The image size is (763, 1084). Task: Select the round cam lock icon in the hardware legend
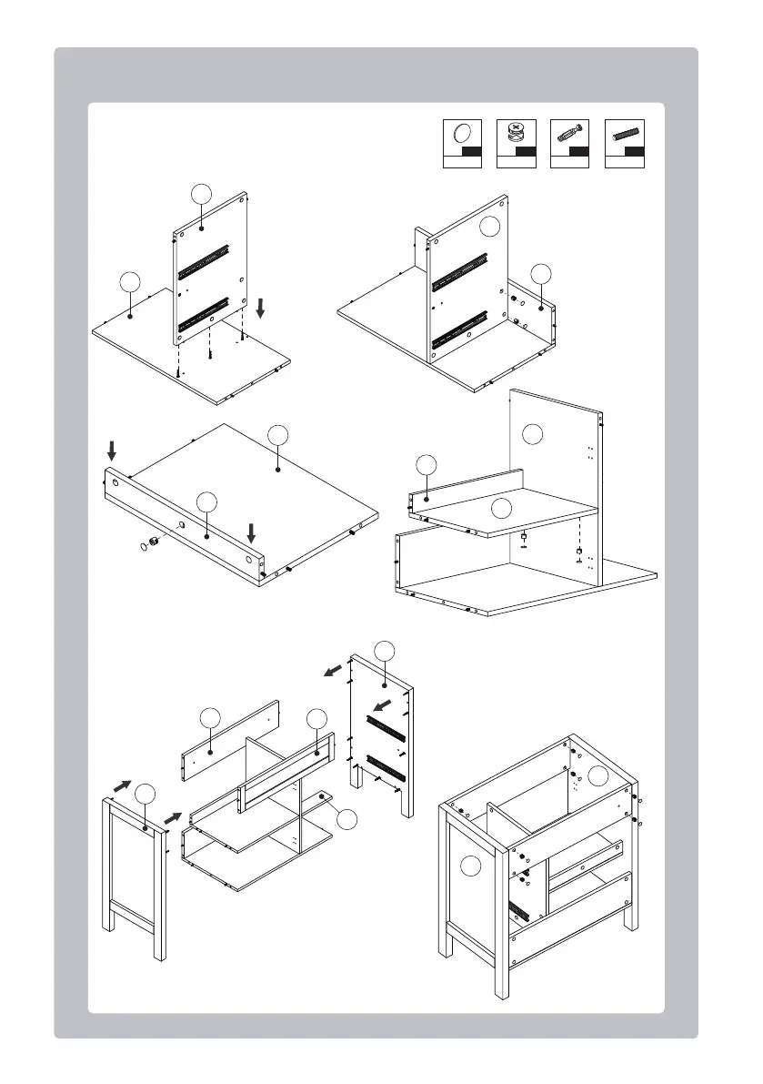(516, 134)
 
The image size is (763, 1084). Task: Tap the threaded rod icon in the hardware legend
(624, 134)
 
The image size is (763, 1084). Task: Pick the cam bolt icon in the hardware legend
(570, 134)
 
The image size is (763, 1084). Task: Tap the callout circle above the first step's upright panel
(202, 193)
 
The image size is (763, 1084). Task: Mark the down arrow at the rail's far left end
(112, 451)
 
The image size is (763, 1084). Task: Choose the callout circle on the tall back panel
(534, 434)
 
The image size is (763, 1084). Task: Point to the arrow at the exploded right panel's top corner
(336, 672)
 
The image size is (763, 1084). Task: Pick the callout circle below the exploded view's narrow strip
(346, 819)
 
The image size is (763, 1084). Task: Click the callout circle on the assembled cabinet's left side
(470, 866)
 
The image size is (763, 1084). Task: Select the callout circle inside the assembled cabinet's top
(597, 776)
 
